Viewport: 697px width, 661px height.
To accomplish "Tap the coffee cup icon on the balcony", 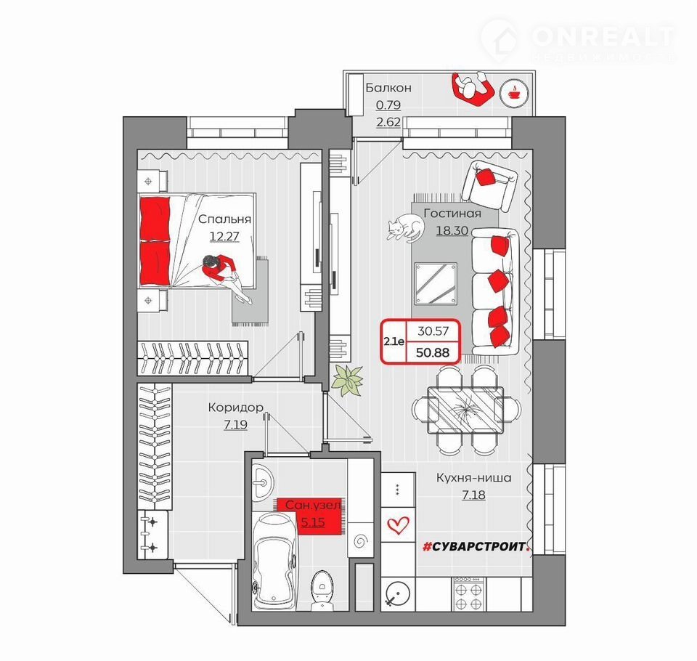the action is point(514,92).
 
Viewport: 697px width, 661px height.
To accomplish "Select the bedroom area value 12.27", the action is point(224,236).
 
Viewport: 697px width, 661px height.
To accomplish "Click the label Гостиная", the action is point(452,214).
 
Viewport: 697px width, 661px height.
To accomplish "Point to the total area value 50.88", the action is point(433,352).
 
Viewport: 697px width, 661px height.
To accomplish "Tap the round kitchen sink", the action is point(398,594).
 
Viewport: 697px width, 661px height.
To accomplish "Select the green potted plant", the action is point(348,381).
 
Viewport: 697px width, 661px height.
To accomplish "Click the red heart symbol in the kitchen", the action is point(398,525).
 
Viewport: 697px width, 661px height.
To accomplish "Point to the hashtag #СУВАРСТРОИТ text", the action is point(476,546).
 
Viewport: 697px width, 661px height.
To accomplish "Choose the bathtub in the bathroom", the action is point(274,561).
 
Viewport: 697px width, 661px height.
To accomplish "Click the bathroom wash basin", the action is point(263,482).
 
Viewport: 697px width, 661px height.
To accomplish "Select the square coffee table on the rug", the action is point(436,284).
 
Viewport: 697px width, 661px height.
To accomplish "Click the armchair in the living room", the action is point(489,186).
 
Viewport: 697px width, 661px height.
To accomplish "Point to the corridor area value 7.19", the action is point(235,425).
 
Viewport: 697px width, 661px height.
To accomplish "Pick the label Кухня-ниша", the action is point(473,478).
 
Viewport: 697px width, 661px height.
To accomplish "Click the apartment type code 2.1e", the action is point(394,341).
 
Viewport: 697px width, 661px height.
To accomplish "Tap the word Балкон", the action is point(388,88).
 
